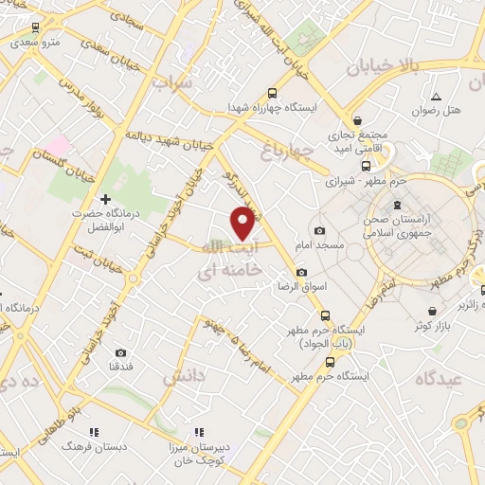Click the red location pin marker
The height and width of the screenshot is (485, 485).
[243, 223]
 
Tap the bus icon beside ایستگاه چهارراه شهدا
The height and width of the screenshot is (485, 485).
[273, 93]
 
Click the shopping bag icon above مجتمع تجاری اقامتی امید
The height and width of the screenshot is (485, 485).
[358, 120]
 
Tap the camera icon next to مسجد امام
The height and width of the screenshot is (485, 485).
[319, 231]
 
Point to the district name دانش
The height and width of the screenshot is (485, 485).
[184, 376]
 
